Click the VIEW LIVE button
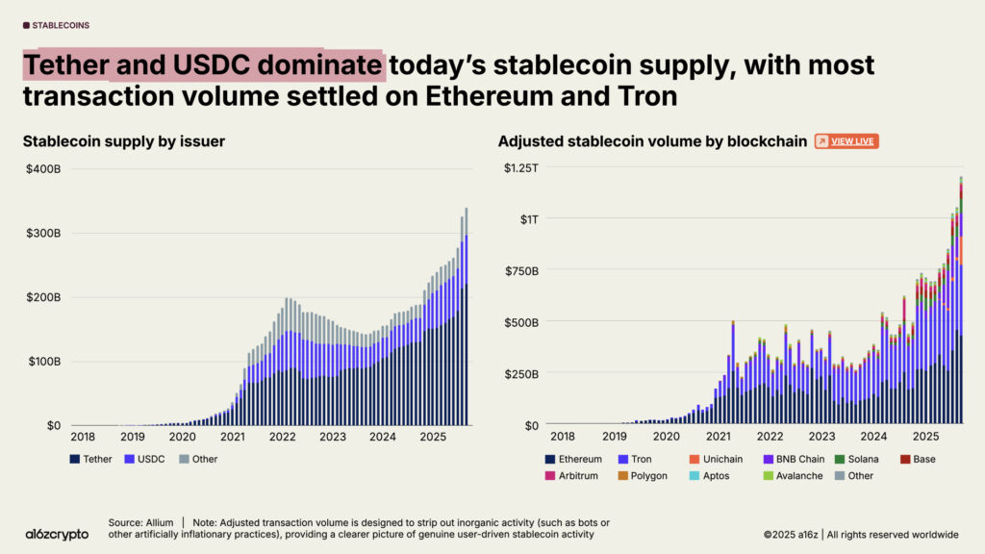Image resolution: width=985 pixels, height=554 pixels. [846, 141]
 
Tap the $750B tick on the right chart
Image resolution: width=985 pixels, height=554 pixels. [522, 270]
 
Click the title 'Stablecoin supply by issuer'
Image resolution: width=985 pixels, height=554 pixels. [124, 141]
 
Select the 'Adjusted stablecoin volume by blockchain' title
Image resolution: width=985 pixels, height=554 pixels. [652, 141]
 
